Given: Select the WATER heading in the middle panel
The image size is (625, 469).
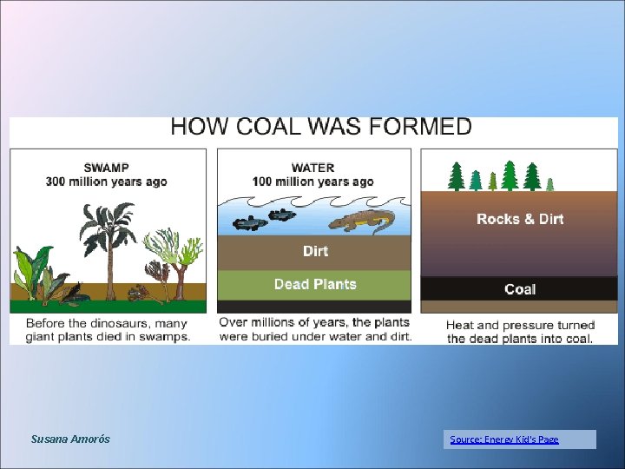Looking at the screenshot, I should click(x=313, y=168).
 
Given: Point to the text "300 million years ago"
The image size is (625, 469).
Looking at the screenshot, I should click(x=107, y=182).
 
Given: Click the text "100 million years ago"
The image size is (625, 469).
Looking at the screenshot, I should click(x=313, y=182).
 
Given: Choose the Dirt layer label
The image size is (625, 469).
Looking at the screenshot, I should click(x=315, y=251).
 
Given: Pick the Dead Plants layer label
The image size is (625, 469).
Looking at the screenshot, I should click(x=315, y=284).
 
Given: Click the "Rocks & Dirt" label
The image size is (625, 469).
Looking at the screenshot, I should click(x=520, y=219).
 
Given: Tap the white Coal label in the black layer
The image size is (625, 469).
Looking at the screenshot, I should click(x=520, y=289).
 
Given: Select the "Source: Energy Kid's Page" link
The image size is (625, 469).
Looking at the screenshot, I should click(x=504, y=439).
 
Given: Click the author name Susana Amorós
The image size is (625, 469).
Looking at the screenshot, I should click(x=70, y=439).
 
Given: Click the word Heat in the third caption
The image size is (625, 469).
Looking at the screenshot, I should click(x=462, y=325).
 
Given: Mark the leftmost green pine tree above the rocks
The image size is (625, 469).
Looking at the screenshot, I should click(x=456, y=176).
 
